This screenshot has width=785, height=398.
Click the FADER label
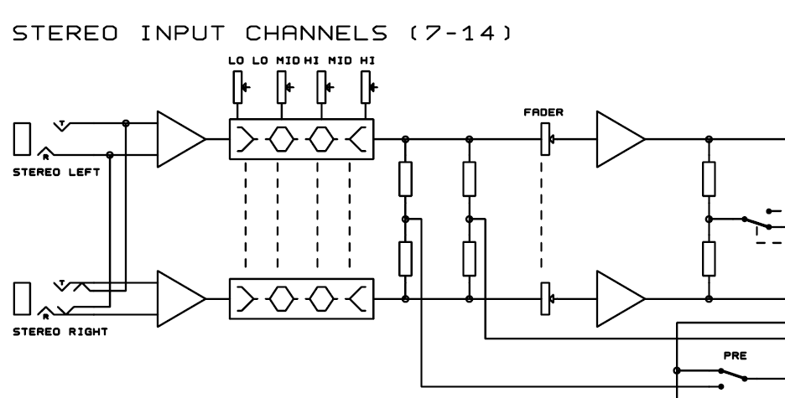pyautogui.click(x=536, y=111)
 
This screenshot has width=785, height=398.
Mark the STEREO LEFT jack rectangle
pyautogui.click(x=23, y=139)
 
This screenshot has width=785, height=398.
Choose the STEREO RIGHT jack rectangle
pyautogui.click(x=23, y=298)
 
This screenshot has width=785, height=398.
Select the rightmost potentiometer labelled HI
pyautogui.click(x=366, y=85)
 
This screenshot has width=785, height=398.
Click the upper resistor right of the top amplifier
pyautogui.click(x=709, y=178)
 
